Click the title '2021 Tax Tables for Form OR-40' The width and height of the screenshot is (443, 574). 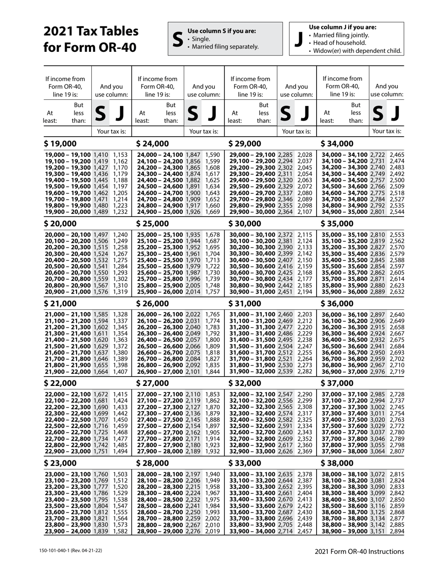(x=91, y=39)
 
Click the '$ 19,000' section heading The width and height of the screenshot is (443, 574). (x=61, y=143)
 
